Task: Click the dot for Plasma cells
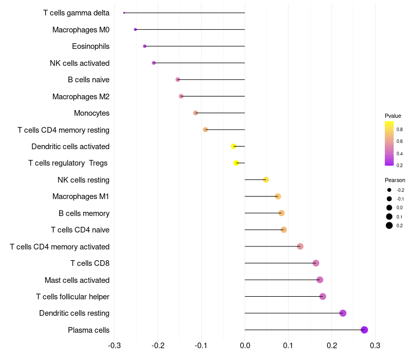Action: pyautogui.click(x=364, y=330)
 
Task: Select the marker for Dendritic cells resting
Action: pyautogui.click(x=343, y=313)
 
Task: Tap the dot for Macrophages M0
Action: pyautogui.click(x=135, y=29)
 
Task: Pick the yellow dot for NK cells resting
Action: pyautogui.click(x=266, y=179)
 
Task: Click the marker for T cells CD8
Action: pyautogui.click(x=315, y=263)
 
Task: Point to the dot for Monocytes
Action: pyautogui.click(x=195, y=113)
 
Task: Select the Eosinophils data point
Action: pyautogui.click(x=144, y=46)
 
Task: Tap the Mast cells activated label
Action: pyautogui.click(x=77, y=280)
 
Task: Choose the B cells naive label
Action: pyautogui.click(x=88, y=80)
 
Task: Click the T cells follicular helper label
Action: pyautogui.click(x=72, y=297)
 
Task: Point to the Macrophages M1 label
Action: pyautogui.click(x=81, y=196)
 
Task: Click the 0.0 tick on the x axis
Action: pyautogui.click(x=245, y=345)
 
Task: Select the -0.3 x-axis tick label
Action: pyautogui.click(x=115, y=345)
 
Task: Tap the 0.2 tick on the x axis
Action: pyautogui.click(x=332, y=345)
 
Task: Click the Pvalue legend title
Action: pyautogui.click(x=393, y=116)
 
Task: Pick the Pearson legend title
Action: pyautogui.click(x=395, y=181)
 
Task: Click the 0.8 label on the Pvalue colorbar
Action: pyautogui.click(x=399, y=130)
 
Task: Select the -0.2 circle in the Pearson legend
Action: pyautogui.click(x=389, y=190)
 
